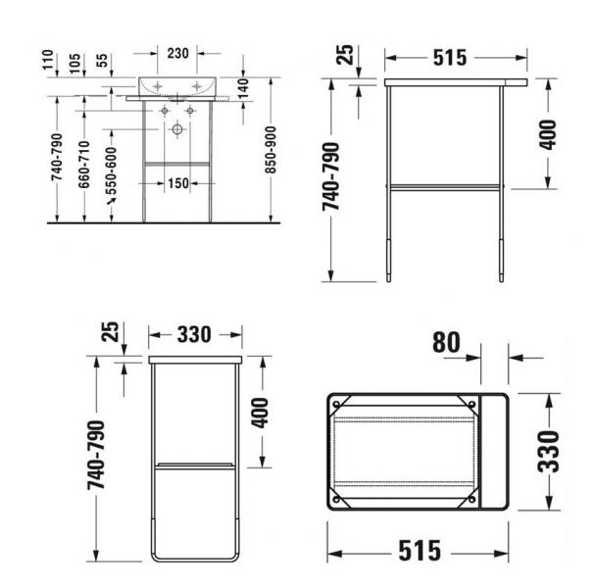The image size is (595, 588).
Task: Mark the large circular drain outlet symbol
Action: point(177,129)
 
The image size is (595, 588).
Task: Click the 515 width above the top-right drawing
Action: point(448,57)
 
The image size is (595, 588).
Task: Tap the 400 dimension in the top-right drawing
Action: point(547,133)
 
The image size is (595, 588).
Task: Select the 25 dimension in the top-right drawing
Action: point(343,54)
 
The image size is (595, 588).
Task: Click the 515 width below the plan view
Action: point(419,551)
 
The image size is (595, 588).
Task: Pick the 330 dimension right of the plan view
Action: point(551,451)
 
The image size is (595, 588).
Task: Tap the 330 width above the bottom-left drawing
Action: point(194,334)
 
